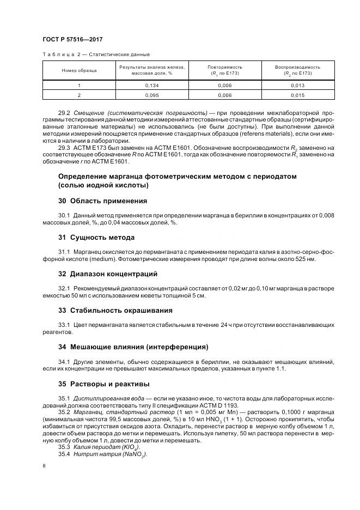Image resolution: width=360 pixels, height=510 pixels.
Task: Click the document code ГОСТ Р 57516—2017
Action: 72,40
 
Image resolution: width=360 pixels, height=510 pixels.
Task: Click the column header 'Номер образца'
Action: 79,70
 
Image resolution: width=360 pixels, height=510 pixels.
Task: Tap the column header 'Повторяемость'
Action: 224,67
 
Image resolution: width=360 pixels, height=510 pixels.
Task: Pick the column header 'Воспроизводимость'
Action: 297,67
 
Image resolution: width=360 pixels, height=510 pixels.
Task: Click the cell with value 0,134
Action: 152,86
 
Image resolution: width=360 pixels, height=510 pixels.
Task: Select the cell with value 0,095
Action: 152,95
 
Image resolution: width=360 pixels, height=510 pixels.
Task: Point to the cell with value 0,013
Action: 297,86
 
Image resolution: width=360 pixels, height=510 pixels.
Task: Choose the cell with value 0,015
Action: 297,95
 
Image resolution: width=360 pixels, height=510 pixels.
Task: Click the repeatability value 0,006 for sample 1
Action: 224,86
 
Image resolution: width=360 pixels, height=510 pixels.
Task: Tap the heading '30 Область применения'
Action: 102,201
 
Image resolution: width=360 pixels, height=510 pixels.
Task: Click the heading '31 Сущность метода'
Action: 96,237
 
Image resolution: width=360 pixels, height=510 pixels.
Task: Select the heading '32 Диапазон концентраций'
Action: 108,274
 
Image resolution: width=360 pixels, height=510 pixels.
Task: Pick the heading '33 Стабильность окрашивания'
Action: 115,310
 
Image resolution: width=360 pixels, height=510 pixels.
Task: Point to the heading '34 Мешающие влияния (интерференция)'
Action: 133,347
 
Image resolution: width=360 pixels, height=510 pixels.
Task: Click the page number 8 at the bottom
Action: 43,466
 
